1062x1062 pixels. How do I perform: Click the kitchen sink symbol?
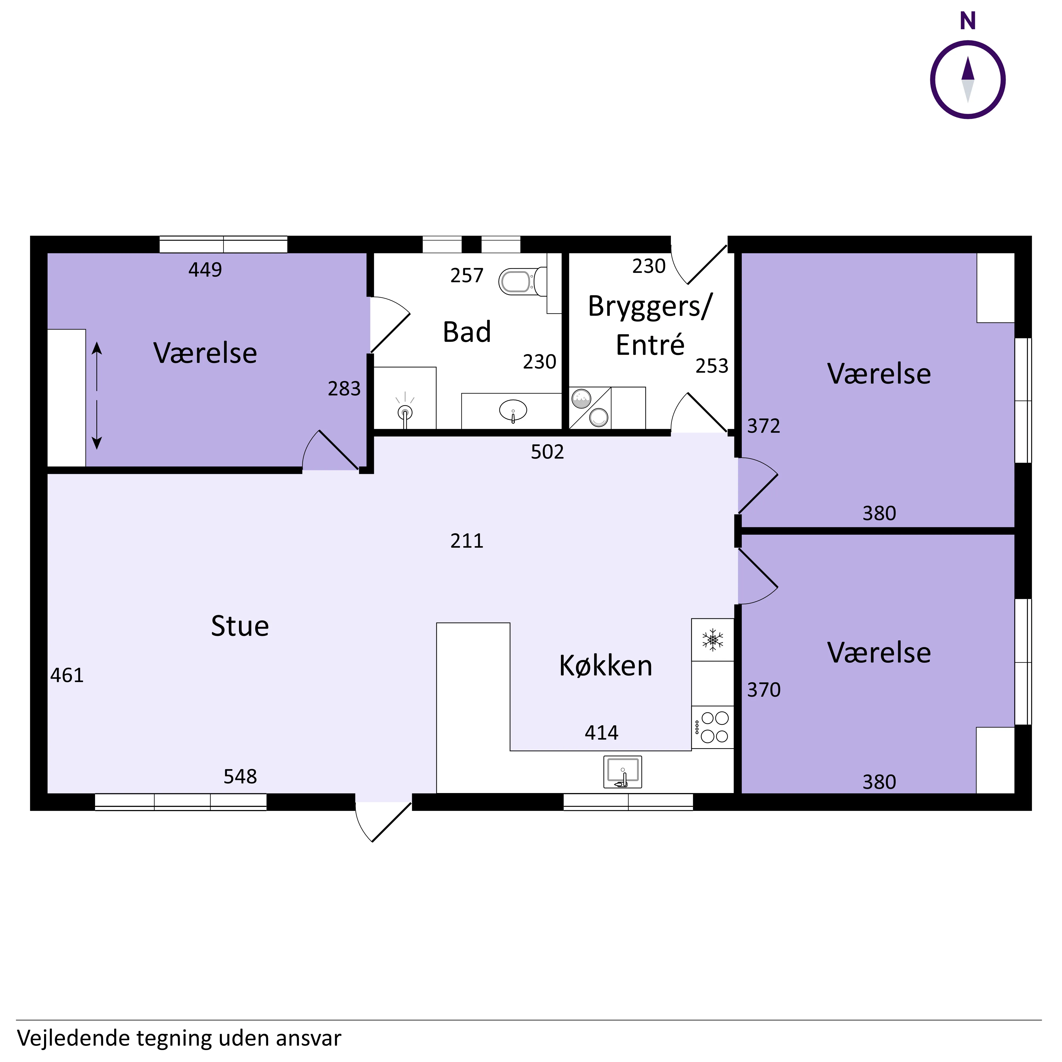[623, 772]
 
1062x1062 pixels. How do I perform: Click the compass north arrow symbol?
[968, 80]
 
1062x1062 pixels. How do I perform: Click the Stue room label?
[240, 626]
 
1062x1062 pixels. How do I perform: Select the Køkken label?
[606, 666]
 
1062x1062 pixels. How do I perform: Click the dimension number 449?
[205, 270]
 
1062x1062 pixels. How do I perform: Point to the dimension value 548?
[240, 777]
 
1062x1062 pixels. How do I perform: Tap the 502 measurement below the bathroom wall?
[547, 452]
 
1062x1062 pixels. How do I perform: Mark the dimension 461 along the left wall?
[67, 676]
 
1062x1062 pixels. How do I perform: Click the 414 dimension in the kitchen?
[601, 733]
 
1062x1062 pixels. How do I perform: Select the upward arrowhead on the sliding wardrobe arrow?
[97, 347]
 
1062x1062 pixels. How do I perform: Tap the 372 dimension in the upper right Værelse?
[764, 426]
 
